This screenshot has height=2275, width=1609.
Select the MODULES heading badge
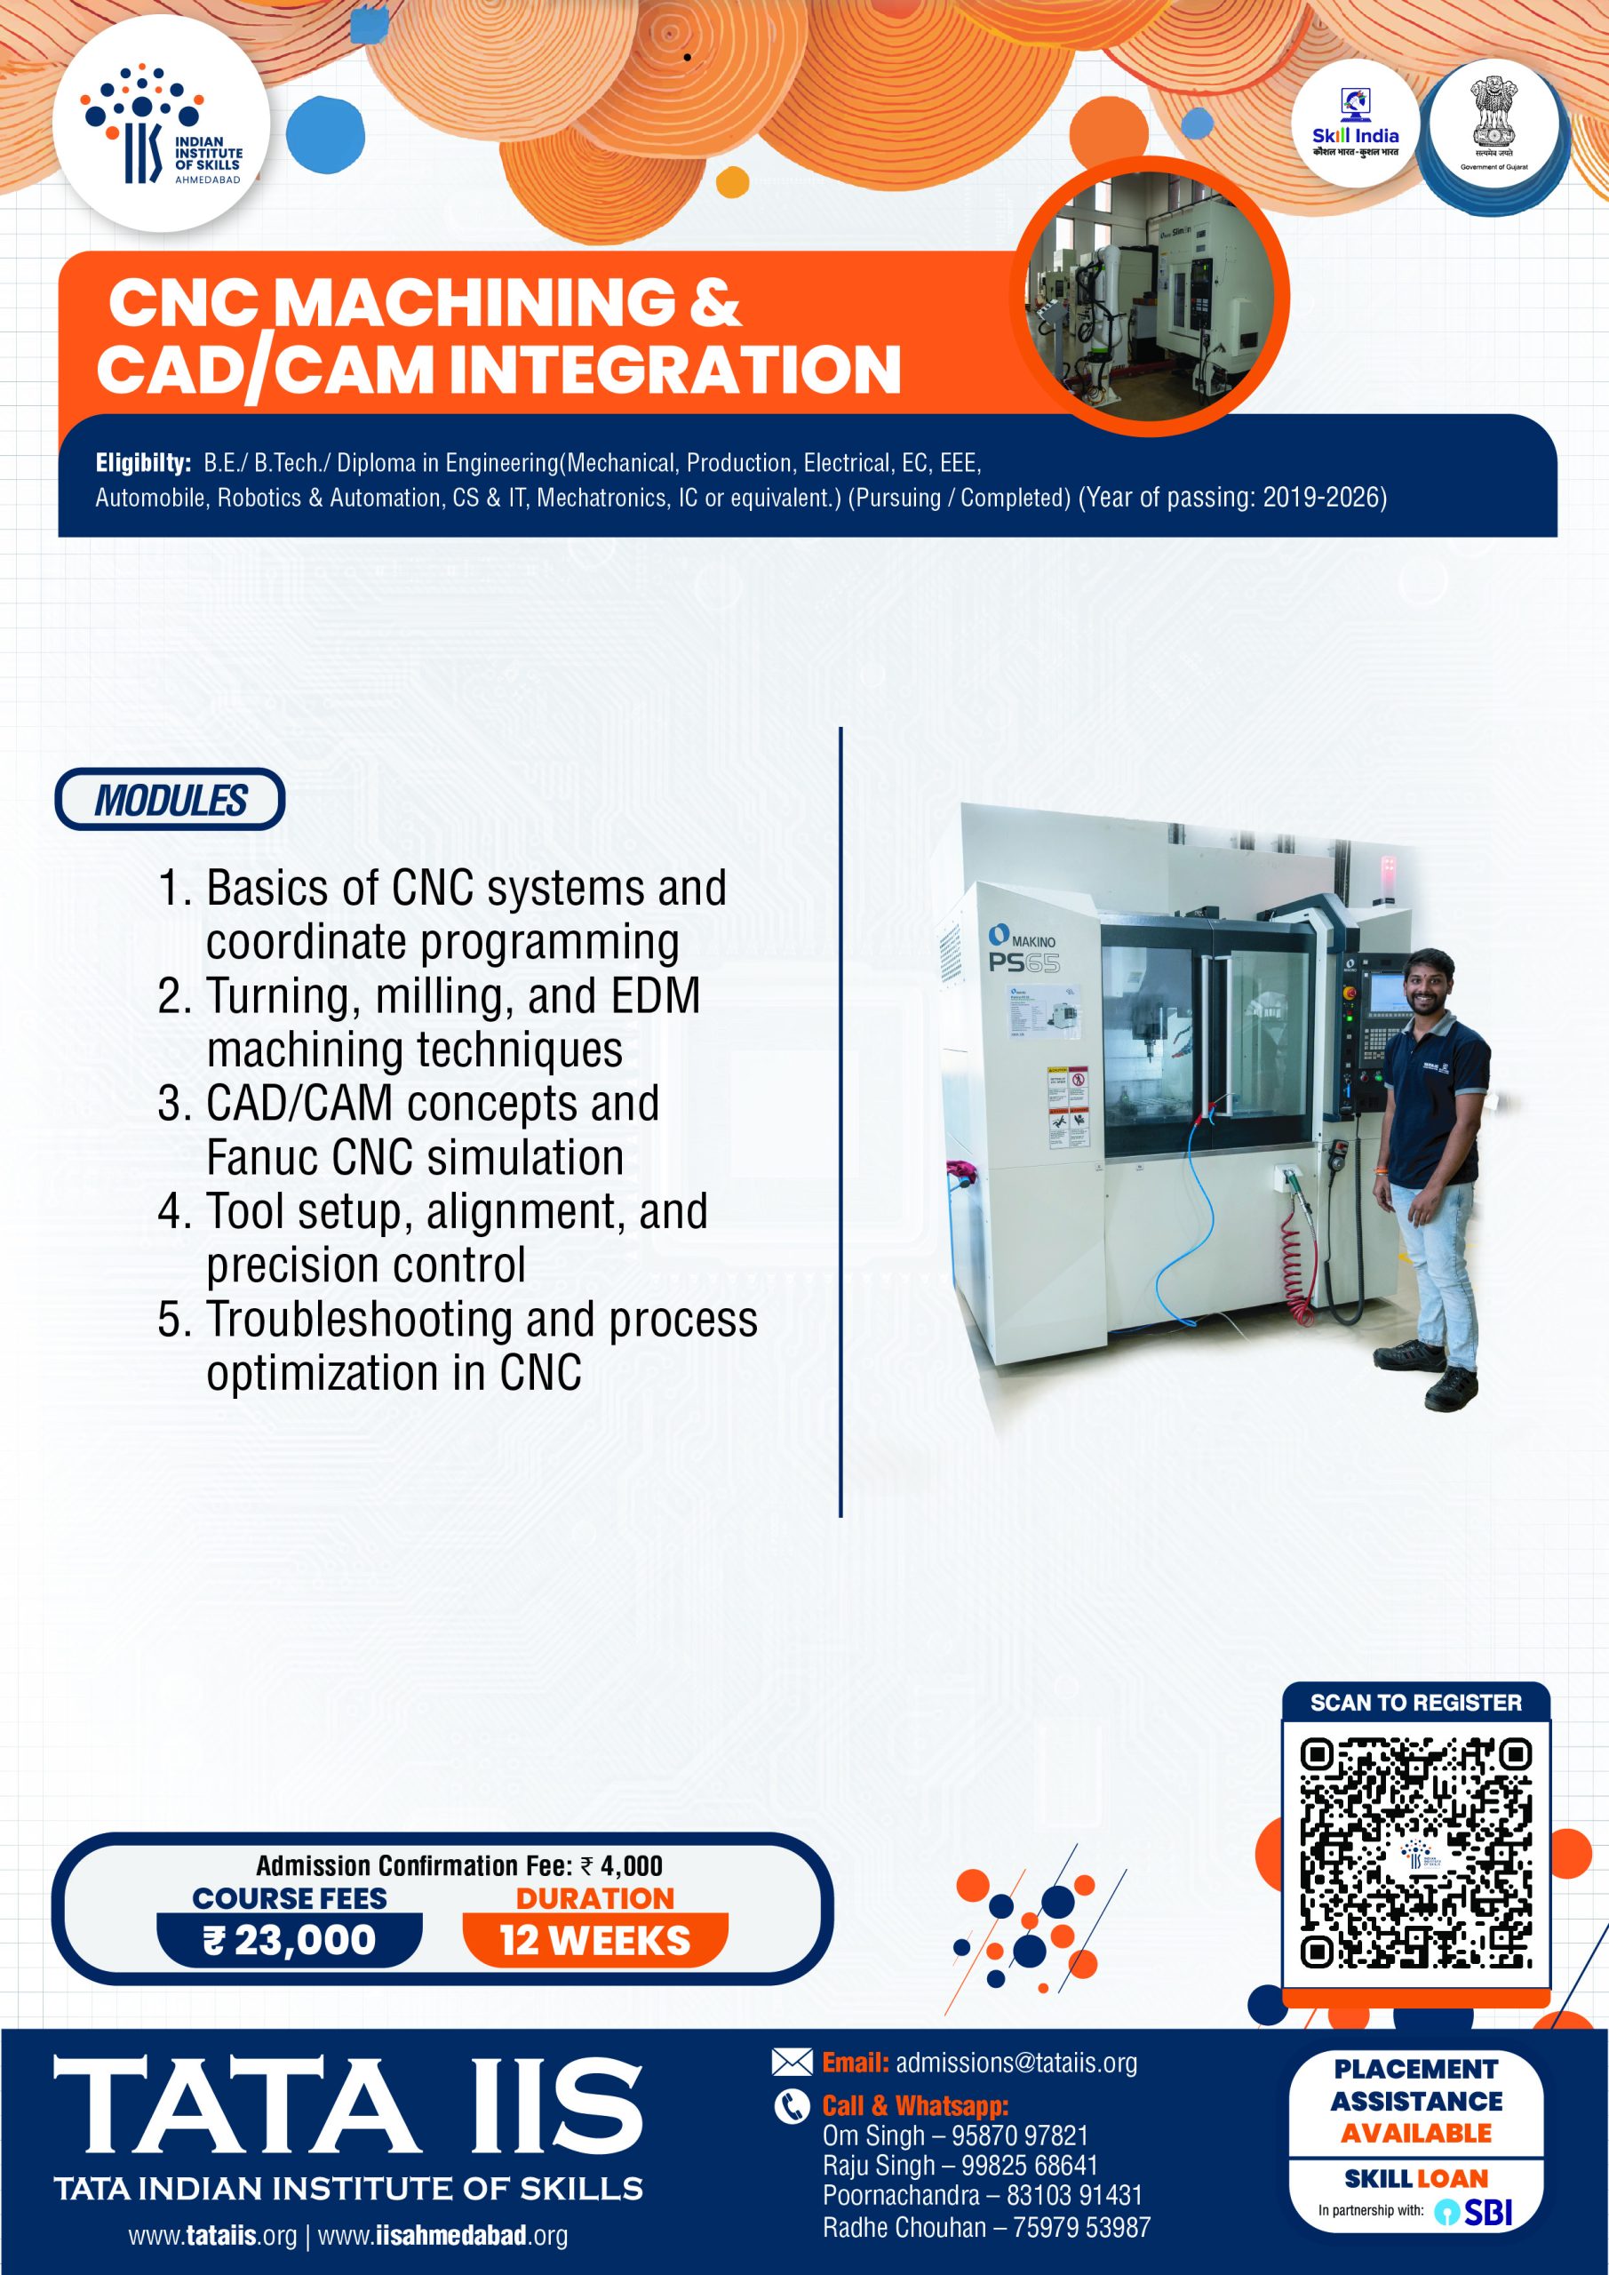click(170, 800)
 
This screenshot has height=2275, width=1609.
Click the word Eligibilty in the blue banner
click(143, 463)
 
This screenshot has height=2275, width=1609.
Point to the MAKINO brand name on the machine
click(1032, 940)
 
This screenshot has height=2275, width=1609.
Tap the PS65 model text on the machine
click(1024, 963)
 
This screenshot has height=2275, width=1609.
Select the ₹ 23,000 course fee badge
click(290, 1939)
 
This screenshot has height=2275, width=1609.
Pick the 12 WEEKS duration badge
click(594, 1939)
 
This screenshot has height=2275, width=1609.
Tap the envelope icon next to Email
click(792, 2063)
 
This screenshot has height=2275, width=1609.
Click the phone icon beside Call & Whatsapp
click(792, 2106)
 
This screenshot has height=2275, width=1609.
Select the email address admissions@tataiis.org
click(1016, 2063)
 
